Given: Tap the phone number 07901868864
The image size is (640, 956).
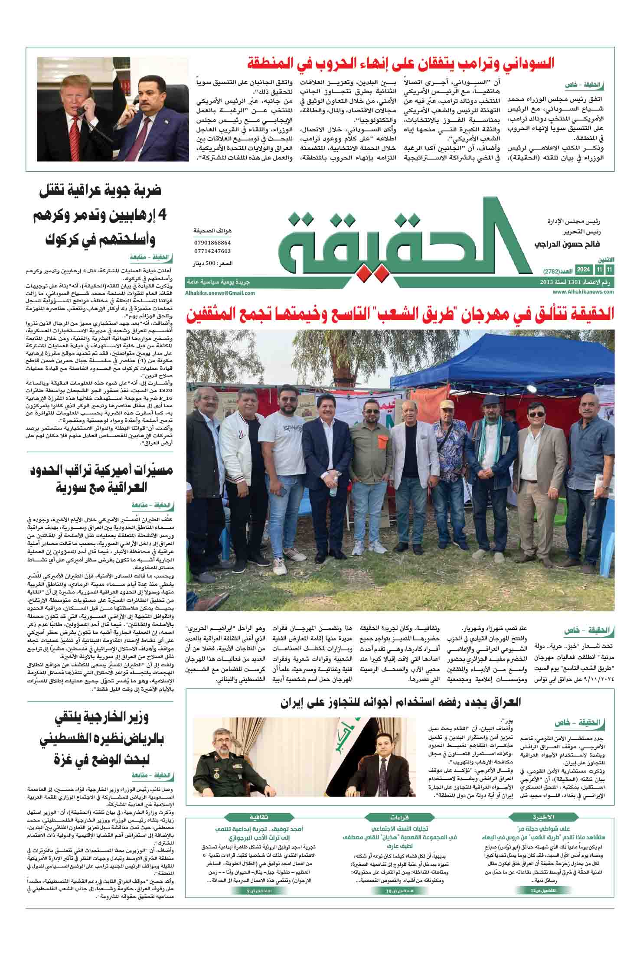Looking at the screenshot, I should point(212,243).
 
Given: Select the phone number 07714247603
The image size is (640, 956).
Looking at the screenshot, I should point(212,251).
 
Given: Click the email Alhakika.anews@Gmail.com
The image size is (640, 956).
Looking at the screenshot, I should point(220,293).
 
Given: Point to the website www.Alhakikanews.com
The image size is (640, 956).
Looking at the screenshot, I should point(584,292).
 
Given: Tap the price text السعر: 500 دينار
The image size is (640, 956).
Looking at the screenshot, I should point(212,263).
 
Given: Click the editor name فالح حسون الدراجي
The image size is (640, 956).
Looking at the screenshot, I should point(564,245).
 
